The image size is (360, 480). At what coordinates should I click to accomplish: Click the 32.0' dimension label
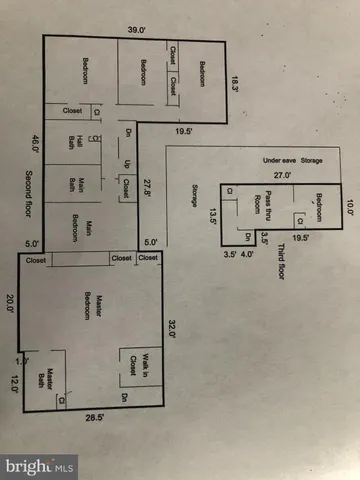tap(172, 329)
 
